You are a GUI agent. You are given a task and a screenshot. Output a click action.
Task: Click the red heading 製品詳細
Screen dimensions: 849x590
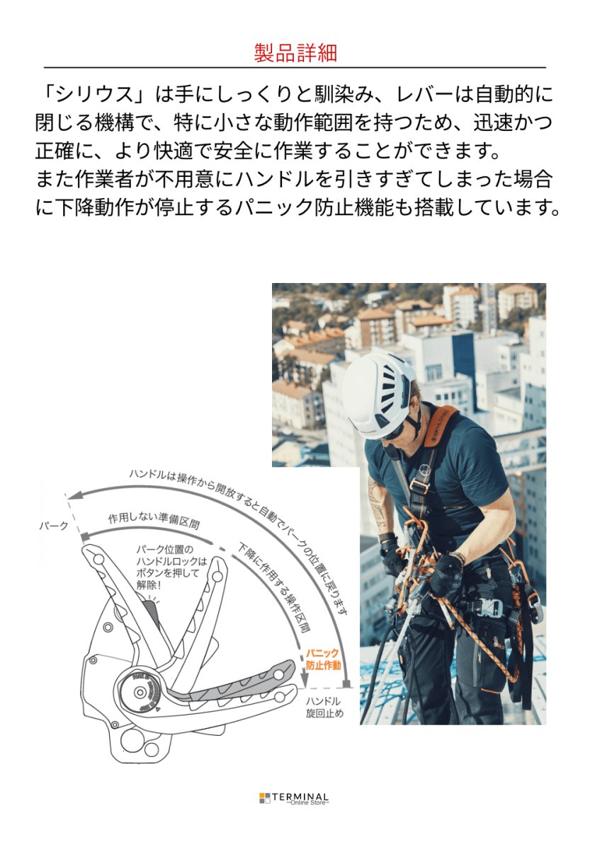coord(295,52)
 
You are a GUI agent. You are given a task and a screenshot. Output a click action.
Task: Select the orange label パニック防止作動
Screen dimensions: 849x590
coord(323,659)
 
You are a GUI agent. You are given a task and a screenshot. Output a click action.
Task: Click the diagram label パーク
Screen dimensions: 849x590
coord(53,526)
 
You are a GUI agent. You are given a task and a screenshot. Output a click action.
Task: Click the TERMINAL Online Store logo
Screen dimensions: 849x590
coord(295,798)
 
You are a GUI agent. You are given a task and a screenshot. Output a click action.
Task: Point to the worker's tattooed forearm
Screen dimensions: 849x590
coord(377,509)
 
